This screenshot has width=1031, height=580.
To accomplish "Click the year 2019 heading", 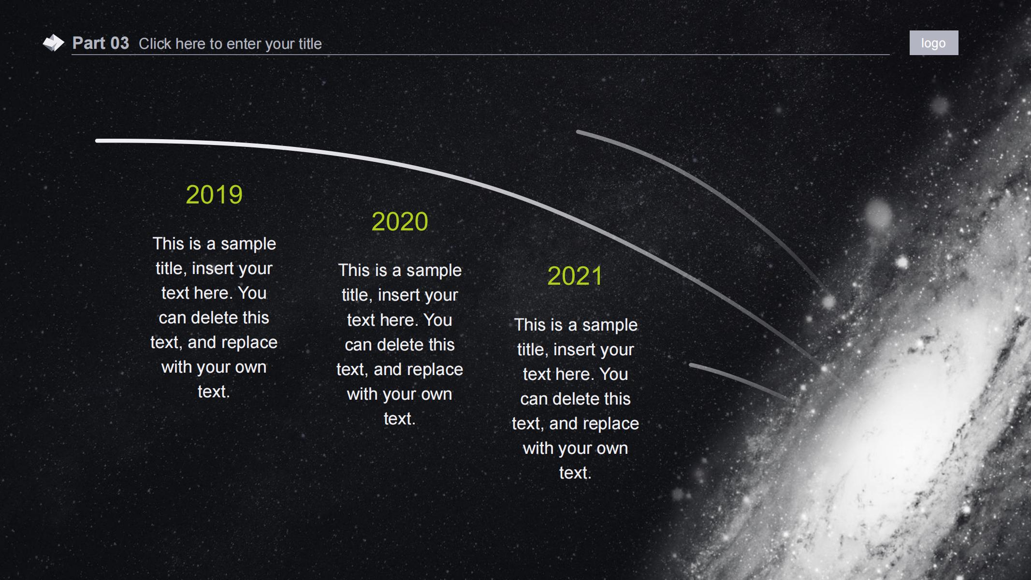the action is [x=214, y=195].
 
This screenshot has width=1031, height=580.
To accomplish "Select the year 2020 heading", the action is [x=400, y=222].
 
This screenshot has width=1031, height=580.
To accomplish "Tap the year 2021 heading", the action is [x=575, y=276].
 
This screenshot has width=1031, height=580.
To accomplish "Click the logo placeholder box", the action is [x=934, y=43].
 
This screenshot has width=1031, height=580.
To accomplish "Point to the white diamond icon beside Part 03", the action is [x=53, y=43].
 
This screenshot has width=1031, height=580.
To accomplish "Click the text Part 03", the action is [x=101, y=43].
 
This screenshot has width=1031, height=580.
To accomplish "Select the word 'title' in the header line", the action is [x=310, y=44].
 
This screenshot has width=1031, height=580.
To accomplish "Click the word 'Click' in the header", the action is [x=155, y=44].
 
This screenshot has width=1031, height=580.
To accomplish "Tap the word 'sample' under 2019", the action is [x=248, y=245].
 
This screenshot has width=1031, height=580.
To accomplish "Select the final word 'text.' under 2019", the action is [x=214, y=392].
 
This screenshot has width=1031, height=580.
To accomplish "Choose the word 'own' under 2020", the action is [x=436, y=394].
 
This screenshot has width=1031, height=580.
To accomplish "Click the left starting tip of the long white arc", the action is [x=97, y=141].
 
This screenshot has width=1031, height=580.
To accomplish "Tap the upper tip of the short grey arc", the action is [x=578, y=131].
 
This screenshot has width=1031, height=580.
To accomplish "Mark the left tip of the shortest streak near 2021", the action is [x=691, y=365].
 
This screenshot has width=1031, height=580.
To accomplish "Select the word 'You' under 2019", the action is [x=252, y=293].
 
